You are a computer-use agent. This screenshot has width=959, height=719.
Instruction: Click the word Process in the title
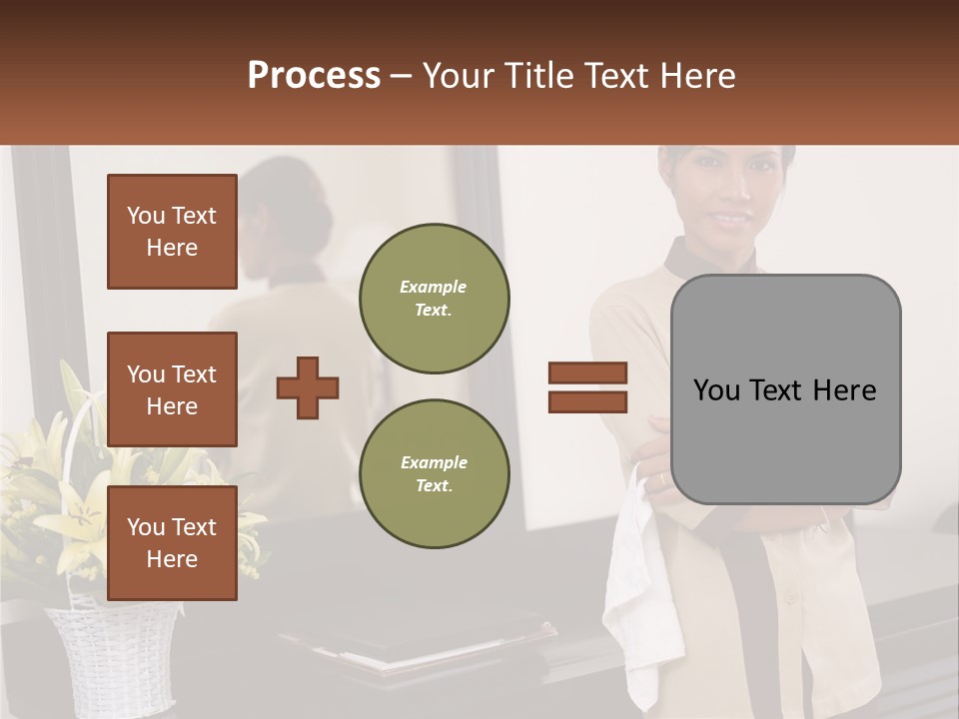[x=314, y=76]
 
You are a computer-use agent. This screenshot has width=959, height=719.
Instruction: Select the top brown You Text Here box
[x=172, y=232]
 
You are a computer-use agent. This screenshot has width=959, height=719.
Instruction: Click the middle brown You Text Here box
[x=172, y=389]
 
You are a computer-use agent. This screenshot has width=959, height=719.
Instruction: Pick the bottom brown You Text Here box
[x=172, y=543]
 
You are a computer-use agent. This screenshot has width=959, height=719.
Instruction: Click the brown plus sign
[x=308, y=387]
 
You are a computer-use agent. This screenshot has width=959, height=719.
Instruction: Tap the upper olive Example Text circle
[x=434, y=299]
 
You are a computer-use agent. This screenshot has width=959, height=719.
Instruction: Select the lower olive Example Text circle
[x=434, y=474]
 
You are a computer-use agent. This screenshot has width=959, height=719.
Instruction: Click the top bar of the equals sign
[x=587, y=372]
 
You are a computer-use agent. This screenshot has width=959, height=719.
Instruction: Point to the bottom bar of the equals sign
[x=587, y=402]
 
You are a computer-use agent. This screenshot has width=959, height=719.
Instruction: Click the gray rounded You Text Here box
[x=785, y=389]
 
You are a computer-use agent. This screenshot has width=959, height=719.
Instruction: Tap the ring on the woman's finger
[x=660, y=480]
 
